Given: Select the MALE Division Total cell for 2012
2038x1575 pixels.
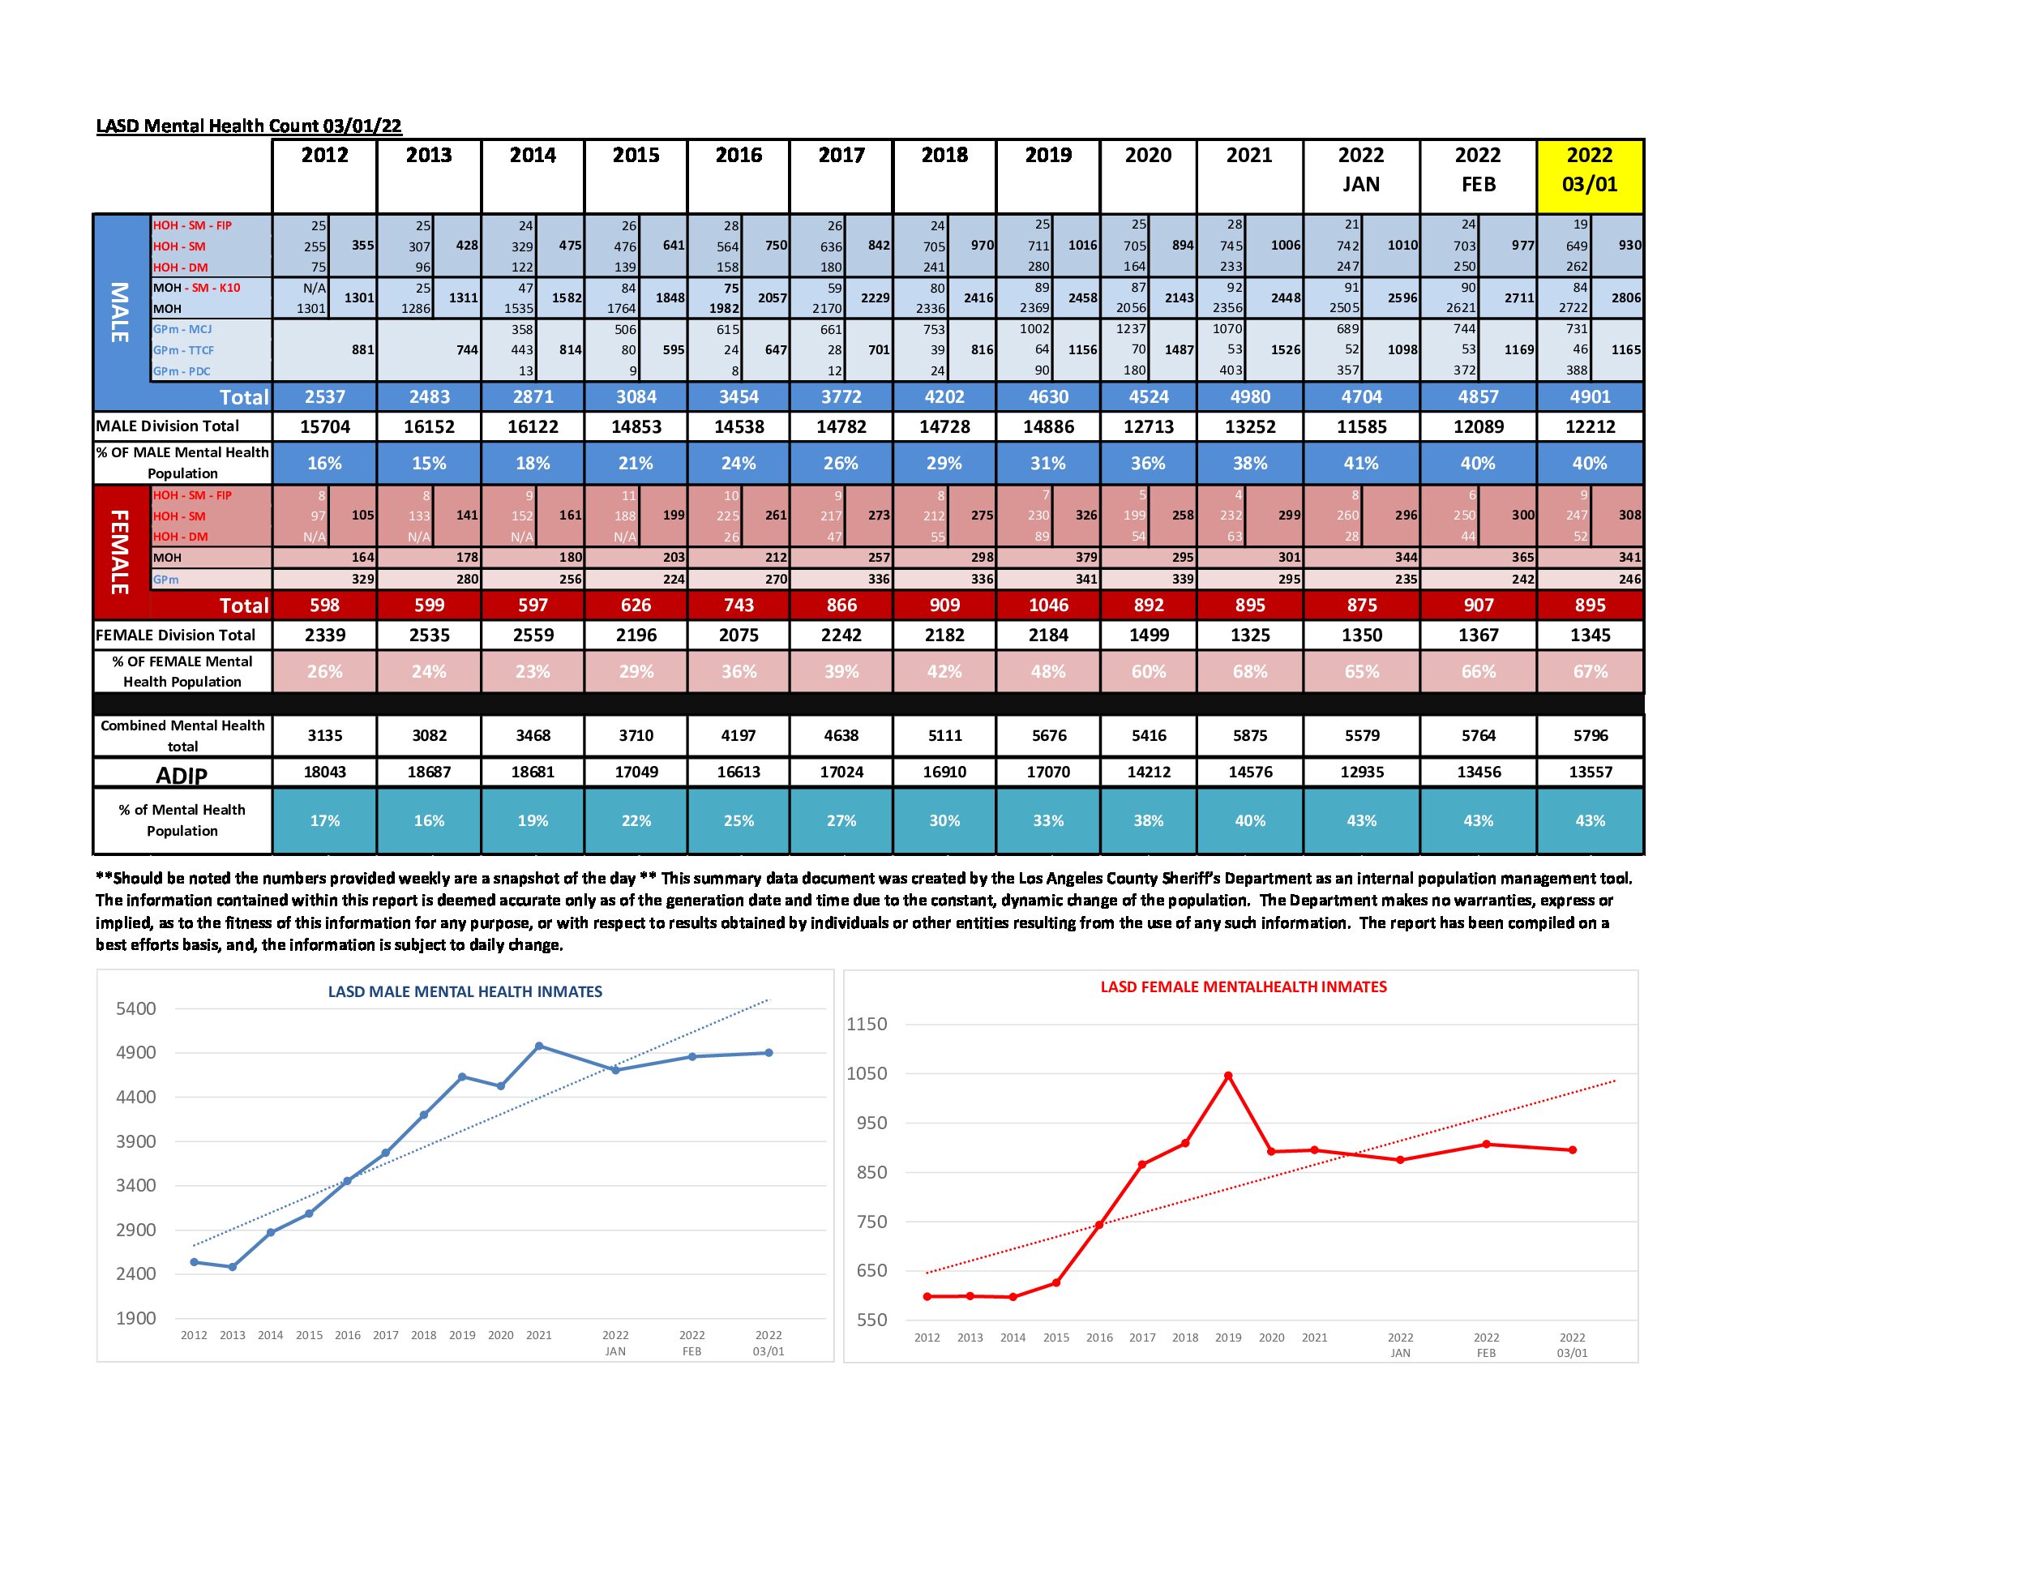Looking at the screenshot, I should pyautogui.click(x=325, y=426).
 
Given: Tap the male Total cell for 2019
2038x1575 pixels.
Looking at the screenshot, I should pyautogui.click(x=1048, y=396).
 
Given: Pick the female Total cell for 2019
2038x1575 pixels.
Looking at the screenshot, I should pyautogui.click(x=1048, y=606).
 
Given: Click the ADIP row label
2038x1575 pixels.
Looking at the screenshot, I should pyautogui.click(x=182, y=774).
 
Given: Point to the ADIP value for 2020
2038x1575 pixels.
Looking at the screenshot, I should pyautogui.click(x=1148, y=773).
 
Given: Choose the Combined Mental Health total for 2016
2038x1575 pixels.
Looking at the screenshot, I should pyautogui.click(x=739, y=735).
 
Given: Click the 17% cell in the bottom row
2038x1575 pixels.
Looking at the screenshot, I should pyautogui.click(x=325, y=821).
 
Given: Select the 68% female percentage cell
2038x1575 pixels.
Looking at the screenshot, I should pyautogui.click(x=1249, y=672).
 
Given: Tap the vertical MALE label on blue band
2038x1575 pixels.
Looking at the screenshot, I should pyautogui.click(x=120, y=313).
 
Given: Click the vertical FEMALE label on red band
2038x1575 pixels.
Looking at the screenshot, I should pyautogui.click(x=120, y=551).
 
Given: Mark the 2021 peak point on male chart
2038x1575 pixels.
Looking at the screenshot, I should pyautogui.click(x=539, y=1046).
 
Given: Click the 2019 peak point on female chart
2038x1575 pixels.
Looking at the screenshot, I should pyautogui.click(x=1228, y=1076).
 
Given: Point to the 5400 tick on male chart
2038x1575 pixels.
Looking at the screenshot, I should pyautogui.click(x=136, y=1008).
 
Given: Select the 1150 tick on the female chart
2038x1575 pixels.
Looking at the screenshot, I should pyautogui.click(x=866, y=1025).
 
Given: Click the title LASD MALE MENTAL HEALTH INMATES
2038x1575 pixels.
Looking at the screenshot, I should pyautogui.click(x=465, y=992).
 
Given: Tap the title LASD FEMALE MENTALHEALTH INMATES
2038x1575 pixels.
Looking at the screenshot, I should pyautogui.click(x=1243, y=987).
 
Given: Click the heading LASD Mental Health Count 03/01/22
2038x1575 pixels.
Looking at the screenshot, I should pyautogui.click(x=249, y=126).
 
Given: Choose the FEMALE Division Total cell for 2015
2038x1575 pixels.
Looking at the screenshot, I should pyautogui.click(x=636, y=636).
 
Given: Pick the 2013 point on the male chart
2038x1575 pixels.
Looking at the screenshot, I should pyautogui.click(x=233, y=1267).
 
